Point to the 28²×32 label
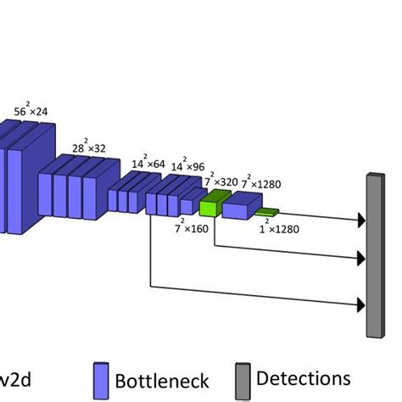(90, 146)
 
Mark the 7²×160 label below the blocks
(192, 227)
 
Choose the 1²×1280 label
(271, 226)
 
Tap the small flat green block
(266, 211)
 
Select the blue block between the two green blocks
(240, 204)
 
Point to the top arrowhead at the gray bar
(362, 221)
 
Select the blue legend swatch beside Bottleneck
(101, 380)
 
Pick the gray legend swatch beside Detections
(241, 379)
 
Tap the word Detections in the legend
(303, 377)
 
